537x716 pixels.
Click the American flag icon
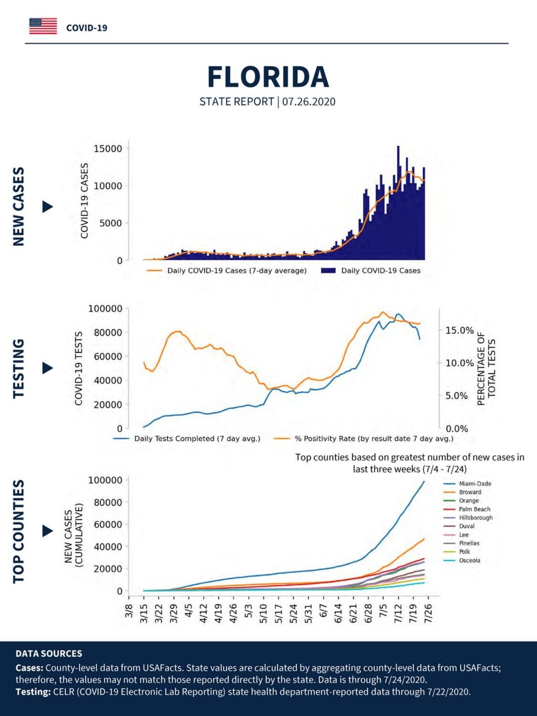click(43, 26)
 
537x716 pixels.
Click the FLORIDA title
click(268, 77)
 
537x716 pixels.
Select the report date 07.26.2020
click(309, 102)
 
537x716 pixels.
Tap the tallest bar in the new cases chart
click(398, 203)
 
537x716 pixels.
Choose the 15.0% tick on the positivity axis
click(459, 330)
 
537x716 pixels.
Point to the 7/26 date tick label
click(428, 613)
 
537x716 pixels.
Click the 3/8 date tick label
click(129, 611)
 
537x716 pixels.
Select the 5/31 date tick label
click(308, 613)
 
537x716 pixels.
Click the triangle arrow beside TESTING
click(48, 368)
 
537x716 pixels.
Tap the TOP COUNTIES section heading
click(19, 531)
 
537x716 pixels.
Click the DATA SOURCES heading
click(49, 653)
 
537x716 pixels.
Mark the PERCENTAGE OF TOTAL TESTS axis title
click(486, 369)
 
